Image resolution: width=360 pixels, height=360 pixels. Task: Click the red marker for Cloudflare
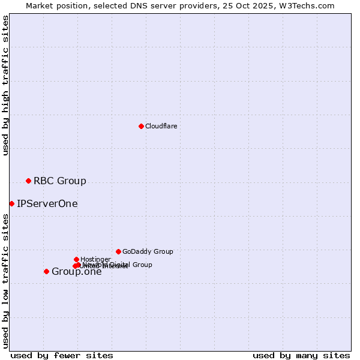[x=141, y=126]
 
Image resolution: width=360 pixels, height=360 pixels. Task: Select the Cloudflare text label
[x=161, y=126]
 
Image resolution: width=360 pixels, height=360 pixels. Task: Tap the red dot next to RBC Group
[x=28, y=181]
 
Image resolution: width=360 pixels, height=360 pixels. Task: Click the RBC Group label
[x=59, y=181]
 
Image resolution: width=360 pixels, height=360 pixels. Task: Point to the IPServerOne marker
[x=11, y=203]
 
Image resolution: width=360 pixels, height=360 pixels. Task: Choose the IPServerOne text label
[x=47, y=203]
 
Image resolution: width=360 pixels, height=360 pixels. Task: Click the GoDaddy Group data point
[x=118, y=251]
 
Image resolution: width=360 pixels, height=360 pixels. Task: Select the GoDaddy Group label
[x=147, y=251]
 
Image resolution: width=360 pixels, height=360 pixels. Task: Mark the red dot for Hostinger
[x=76, y=259]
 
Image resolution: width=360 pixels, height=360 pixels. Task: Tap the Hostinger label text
[x=95, y=259]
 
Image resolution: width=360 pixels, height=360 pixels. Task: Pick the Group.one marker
[x=46, y=271]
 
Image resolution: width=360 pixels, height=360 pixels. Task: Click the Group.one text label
[x=76, y=272]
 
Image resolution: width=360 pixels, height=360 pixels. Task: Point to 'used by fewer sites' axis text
[x=62, y=355]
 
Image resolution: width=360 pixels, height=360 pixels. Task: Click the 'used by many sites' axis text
[x=301, y=355]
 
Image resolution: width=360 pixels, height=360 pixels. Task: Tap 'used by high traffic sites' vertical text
[x=5, y=85]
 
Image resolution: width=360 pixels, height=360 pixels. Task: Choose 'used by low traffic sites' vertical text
[x=5, y=281]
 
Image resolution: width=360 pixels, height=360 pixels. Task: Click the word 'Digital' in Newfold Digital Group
[x=120, y=265]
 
